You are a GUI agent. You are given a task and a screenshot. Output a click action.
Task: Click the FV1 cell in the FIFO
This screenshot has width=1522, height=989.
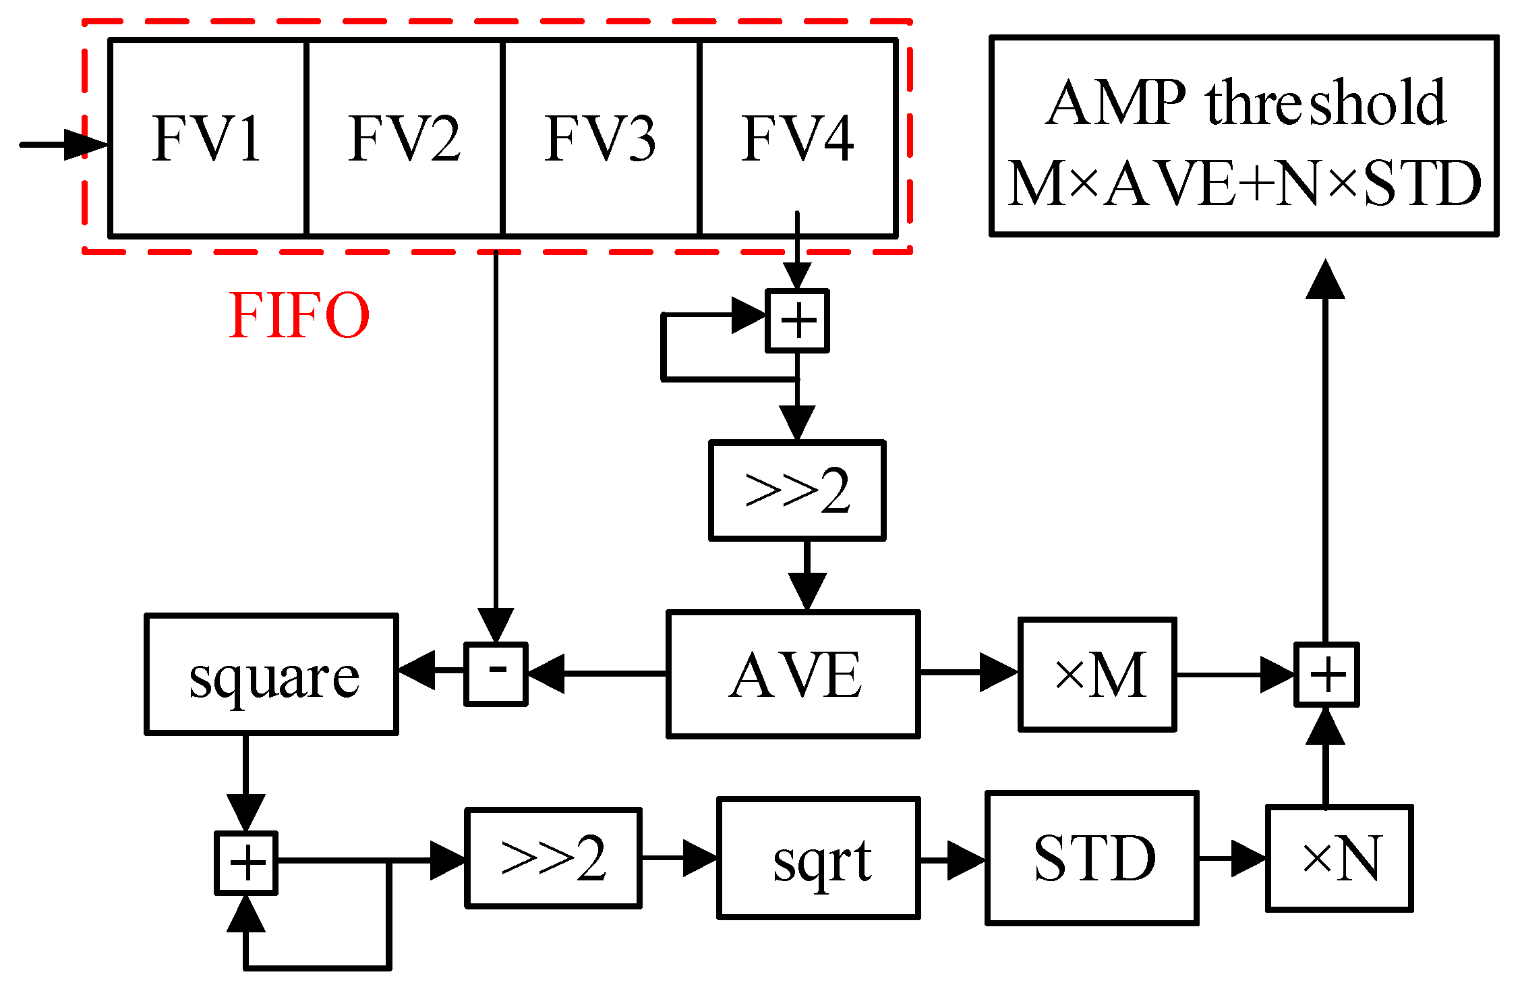coord(207,138)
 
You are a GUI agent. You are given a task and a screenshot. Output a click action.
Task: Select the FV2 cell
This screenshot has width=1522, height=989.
coord(404,138)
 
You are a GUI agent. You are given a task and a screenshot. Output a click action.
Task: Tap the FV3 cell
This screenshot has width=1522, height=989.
coord(601,138)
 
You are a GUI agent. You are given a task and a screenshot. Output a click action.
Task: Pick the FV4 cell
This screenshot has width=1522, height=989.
coord(798,138)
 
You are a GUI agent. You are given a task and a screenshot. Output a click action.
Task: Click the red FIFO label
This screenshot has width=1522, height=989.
coord(299,315)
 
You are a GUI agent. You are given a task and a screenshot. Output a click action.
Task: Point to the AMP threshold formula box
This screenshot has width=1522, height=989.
coord(1243,136)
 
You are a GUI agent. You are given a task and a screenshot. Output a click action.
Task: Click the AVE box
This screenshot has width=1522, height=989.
coord(793,675)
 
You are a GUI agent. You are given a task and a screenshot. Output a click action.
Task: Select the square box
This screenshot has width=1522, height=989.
coord(271,674)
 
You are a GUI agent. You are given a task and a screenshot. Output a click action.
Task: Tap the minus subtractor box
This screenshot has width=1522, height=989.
coord(496,674)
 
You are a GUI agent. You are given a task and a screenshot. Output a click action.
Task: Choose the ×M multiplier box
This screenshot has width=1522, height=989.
coord(1097,675)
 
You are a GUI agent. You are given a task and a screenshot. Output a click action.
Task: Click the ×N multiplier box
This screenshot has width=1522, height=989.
coord(1339,858)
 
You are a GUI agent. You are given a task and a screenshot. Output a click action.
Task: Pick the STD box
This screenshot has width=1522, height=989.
coord(1091,858)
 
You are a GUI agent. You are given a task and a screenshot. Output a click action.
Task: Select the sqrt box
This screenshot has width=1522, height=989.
coord(818,858)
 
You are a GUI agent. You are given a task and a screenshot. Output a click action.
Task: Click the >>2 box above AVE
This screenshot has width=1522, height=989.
coord(797,490)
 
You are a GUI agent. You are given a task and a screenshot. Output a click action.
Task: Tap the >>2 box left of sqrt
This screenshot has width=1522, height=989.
coord(553,858)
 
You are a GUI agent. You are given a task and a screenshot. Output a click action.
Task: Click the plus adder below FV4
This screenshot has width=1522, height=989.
coord(797,321)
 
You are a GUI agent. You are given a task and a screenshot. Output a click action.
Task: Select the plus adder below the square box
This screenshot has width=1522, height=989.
coord(246,863)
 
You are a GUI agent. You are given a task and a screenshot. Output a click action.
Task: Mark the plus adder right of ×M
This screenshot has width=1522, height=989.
coord(1326,675)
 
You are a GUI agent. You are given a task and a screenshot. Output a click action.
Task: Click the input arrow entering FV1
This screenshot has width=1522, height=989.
coord(64,144)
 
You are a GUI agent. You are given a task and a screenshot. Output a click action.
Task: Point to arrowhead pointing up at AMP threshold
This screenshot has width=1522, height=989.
coord(1325,279)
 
